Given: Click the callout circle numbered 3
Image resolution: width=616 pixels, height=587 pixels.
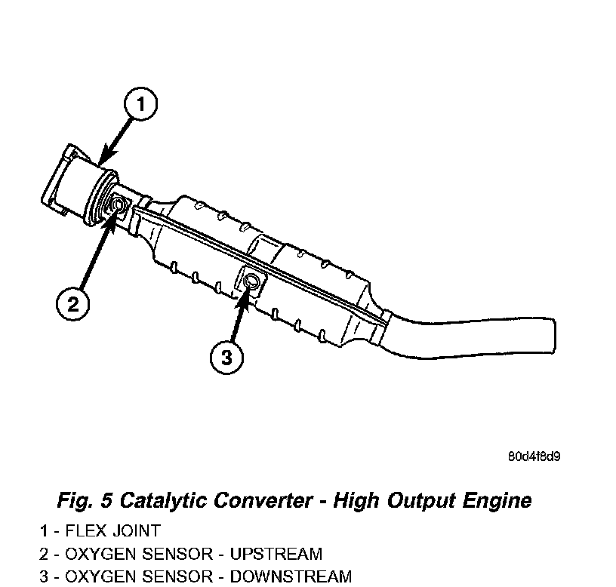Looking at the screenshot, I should [x=227, y=357].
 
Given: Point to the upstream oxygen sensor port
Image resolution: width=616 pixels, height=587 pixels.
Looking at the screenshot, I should [x=119, y=204].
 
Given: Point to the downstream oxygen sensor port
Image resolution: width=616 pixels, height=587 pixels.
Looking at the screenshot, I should [x=253, y=283].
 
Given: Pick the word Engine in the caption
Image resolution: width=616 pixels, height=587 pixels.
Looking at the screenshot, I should [x=494, y=500].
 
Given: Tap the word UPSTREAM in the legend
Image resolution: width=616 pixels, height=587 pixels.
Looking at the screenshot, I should [x=276, y=554].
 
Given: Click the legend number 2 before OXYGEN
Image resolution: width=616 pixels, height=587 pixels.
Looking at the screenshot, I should [x=44, y=554].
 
